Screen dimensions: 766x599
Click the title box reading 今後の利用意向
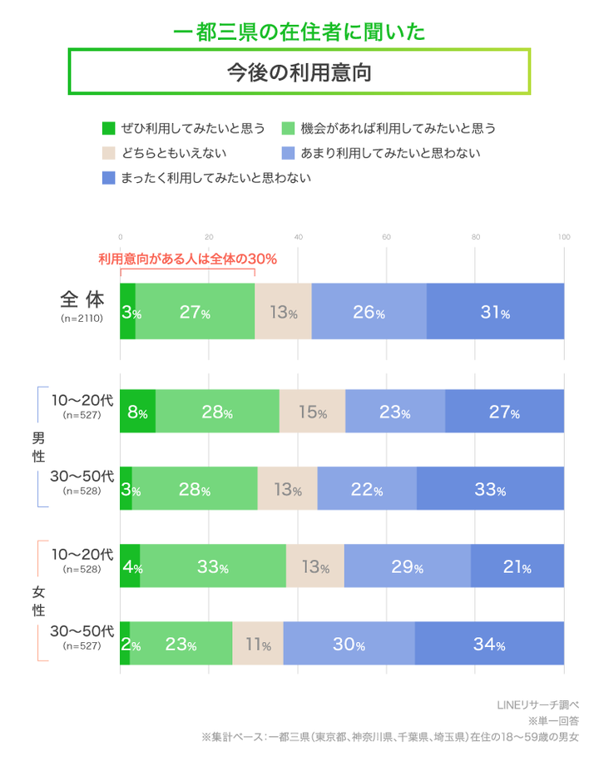[299, 72]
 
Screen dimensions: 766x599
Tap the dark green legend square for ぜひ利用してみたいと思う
[107, 128]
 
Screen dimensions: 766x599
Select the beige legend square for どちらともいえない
[107, 153]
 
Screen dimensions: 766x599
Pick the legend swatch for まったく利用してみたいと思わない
[107, 178]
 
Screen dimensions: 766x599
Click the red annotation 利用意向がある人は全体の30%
[187, 259]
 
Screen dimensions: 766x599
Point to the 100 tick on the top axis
[563, 237]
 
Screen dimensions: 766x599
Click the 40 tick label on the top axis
[298, 237]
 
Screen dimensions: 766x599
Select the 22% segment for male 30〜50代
[366, 489]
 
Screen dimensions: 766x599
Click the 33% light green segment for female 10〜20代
[213, 567]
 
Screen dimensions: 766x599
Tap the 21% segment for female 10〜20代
[517, 567]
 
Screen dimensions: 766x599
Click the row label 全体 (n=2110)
[82, 305]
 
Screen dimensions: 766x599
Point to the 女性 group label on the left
[38, 601]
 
